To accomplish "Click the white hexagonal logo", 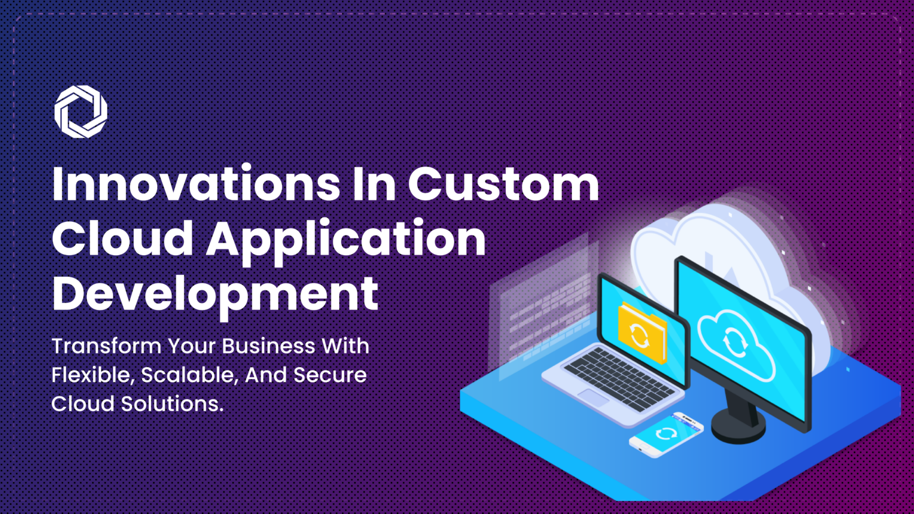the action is pyautogui.click(x=81, y=111).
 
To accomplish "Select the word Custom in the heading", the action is pyautogui.click(x=503, y=184).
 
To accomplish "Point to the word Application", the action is pyautogui.click(x=346, y=242).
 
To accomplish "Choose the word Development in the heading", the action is pyautogui.click(x=215, y=297).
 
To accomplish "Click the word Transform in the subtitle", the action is pyautogui.click(x=107, y=346).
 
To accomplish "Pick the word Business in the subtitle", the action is pyautogui.click(x=268, y=346).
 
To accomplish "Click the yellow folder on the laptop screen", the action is pyautogui.click(x=642, y=333).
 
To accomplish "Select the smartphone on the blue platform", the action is pyautogui.click(x=666, y=434).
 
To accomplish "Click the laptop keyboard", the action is pyautogui.click(x=619, y=379).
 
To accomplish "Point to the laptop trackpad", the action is pyautogui.click(x=593, y=397).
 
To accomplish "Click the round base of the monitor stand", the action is pyautogui.click(x=738, y=427).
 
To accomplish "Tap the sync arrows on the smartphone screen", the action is pyautogui.click(x=666, y=433).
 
